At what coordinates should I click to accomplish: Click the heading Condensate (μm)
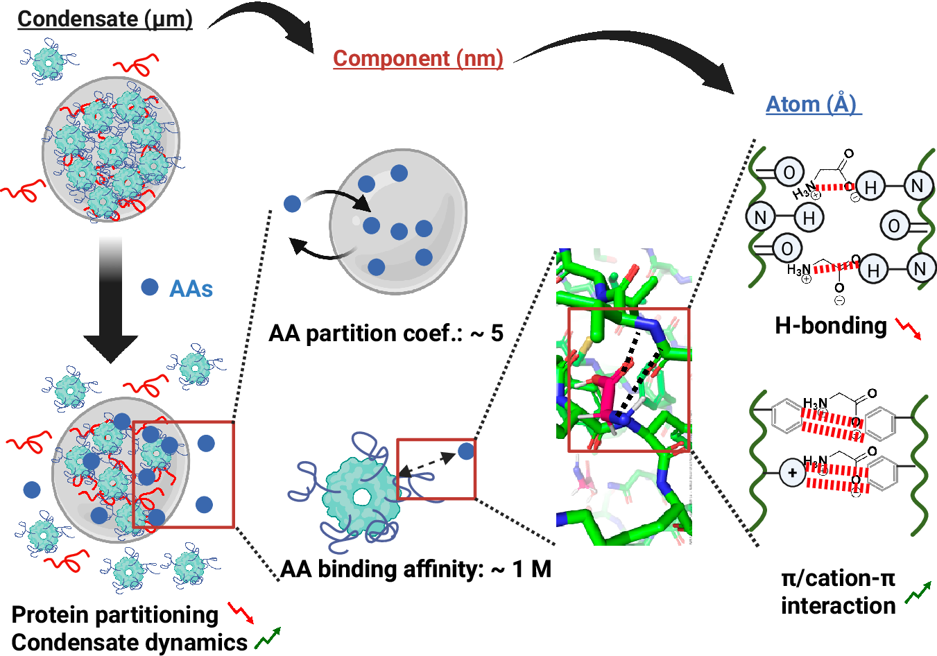click(105, 19)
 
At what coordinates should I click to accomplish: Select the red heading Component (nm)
click(418, 58)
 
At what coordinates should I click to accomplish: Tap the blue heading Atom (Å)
click(813, 104)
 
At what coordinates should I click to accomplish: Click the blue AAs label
click(191, 288)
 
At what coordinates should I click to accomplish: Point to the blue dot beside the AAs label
click(149, 287)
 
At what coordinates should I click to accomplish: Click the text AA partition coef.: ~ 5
click(386, 334)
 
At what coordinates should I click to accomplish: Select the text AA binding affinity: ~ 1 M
click(415, 569)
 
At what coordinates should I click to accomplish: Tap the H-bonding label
click(830, 325)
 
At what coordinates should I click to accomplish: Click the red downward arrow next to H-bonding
click(908, 329)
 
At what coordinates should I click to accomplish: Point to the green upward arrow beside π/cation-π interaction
click(918, 592)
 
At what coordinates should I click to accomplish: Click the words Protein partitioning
click(115, 614)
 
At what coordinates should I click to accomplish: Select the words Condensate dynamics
click(130, 643)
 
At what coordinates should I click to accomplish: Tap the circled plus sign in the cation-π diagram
click(791, 474)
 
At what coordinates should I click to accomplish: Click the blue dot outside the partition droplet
click(293, 204)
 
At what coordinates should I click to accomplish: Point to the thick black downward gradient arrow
click(110, 305)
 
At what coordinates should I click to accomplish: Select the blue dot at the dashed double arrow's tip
click(466, 451)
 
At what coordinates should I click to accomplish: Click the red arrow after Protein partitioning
click(241, 612)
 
